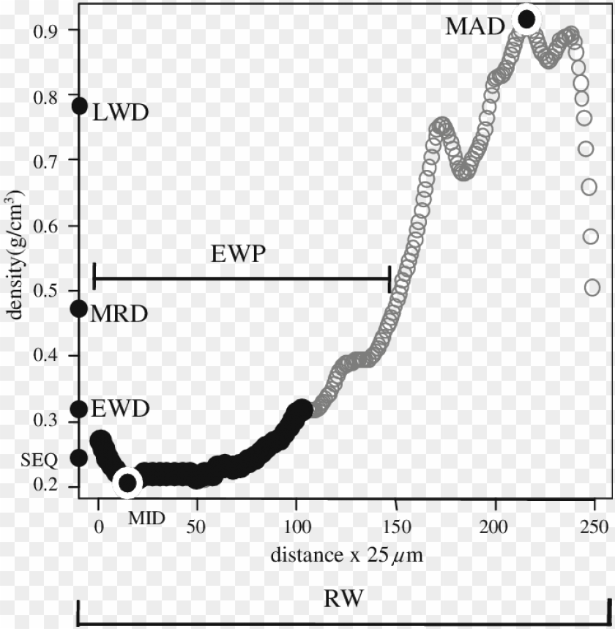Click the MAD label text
tap(475, 28)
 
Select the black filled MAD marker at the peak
tap(526, 19)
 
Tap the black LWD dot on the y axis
tap(79, 106)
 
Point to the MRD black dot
tap(79, 309)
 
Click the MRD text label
tap(119, 314)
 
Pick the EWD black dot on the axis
tap(79, 409)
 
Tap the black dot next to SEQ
tap(79, 458)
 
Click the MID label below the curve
tap(146, 518)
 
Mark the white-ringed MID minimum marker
tap(128, 483)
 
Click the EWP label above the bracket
tap(237, 255)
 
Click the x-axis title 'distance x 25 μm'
tap(346, 555)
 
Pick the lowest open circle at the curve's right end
tap(592, 288)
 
